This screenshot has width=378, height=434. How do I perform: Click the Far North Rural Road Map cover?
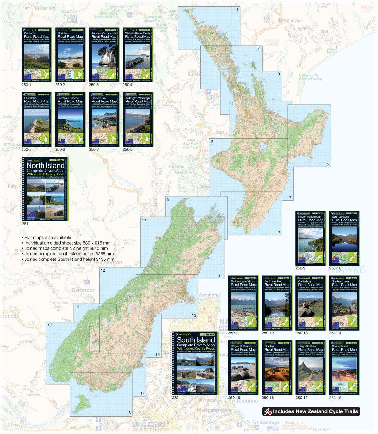point(36,55)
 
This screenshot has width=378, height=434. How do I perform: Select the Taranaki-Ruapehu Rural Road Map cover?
point(70,120)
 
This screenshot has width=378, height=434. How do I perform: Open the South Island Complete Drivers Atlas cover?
point(195,363)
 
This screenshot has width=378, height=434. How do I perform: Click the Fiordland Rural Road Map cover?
point(277,368)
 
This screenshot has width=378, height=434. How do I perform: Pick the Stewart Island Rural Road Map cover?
point(344,368)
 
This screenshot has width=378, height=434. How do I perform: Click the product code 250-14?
point(335,333)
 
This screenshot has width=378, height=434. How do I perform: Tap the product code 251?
point(25,224)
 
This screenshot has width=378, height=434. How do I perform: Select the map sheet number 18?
point(129,413)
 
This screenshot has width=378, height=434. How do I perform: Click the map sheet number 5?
point(328,164)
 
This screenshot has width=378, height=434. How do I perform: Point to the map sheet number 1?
point(237,10)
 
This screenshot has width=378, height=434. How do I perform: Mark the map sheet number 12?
point(103,270)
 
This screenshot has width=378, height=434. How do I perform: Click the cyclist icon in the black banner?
point(268,411)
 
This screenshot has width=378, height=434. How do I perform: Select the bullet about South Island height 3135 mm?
point(65,259)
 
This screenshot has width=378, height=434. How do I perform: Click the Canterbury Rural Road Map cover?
point(310,303)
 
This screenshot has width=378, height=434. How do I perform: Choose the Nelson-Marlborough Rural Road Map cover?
point(310,238)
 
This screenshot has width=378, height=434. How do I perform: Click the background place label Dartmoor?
point(83,290)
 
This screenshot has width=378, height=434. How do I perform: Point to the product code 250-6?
point(60,149)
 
